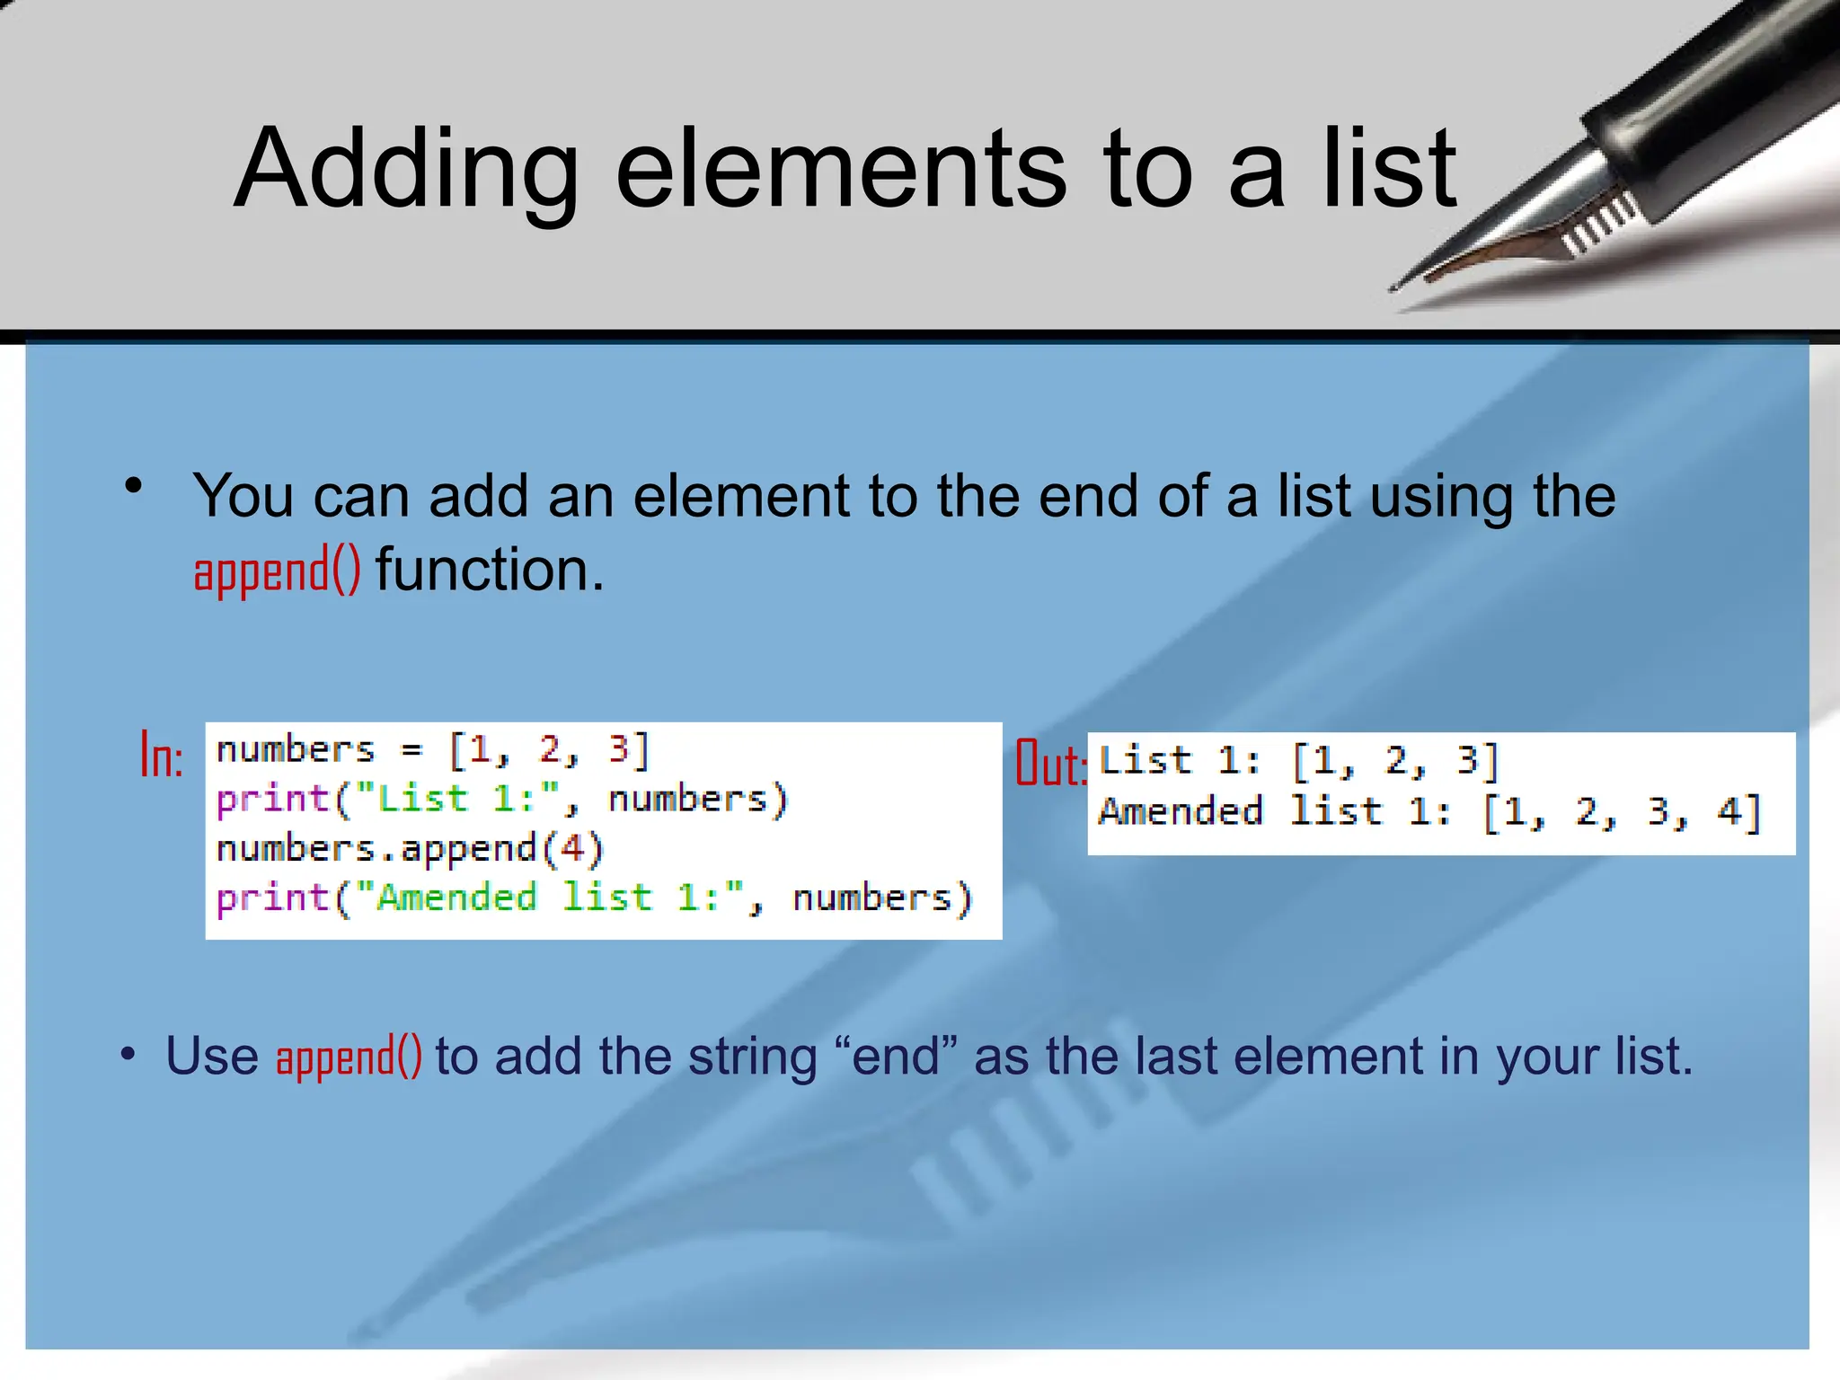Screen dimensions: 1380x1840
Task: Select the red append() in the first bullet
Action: [x=277, y=571]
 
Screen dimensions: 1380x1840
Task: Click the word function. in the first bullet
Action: [x=490, y=570]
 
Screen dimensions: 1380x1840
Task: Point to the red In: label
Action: [x=162, y=756]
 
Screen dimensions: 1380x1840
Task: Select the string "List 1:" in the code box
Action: [x=457, y=799]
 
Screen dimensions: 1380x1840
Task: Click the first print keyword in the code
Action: [x=272, y=799]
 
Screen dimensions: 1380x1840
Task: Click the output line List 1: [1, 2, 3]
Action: [x=1298, y=761]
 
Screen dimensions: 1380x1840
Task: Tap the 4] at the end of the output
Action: [x=1738, y=812]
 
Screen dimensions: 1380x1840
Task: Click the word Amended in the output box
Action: [x=1181, y=811]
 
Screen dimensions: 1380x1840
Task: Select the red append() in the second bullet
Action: [x=349, y=1057]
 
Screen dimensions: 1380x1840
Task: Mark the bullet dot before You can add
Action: [x=134, y=487]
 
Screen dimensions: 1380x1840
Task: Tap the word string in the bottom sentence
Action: [x=752, y=1057]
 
